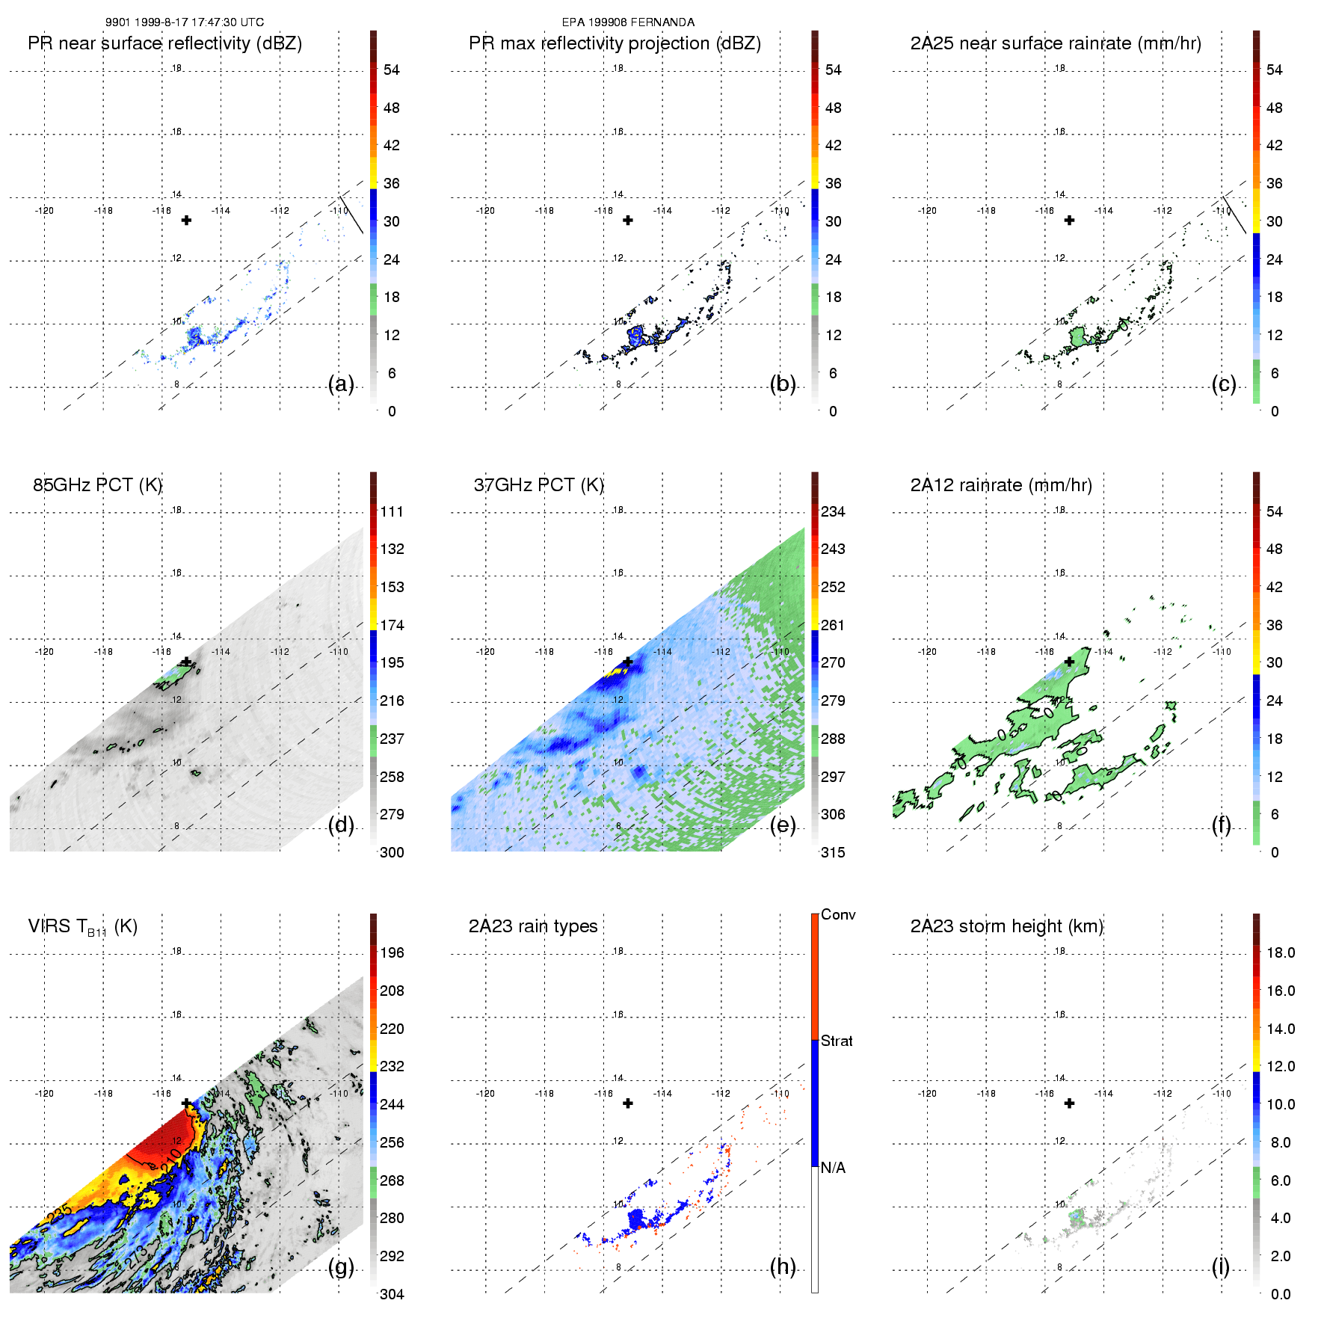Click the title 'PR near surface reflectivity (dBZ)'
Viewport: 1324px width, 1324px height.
pos(164,43)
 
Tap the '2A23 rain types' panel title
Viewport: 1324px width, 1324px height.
pos(532,926)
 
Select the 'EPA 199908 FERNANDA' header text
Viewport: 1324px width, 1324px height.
pos(628,22)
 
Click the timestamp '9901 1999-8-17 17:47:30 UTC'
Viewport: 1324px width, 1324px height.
pos(184,22)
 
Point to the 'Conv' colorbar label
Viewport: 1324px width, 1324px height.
pos(837,914)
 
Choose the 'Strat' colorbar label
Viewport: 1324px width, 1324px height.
pos(837,1041)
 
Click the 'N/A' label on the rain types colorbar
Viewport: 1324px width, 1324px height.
pos(834,1168)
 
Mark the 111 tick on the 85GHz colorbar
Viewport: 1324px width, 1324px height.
pos(392,511)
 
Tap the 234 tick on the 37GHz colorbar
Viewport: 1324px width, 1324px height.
pos(833,511)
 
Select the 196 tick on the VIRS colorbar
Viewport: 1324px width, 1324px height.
pos(392,952)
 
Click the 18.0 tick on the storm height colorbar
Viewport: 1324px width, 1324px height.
pos(1280,952)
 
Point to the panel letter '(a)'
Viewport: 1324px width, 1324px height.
pos(341,384)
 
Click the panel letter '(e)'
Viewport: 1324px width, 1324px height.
pos(783,825)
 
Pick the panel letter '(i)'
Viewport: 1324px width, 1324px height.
pos(1220,1266)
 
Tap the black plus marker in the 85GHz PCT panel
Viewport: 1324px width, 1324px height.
pos(186,662)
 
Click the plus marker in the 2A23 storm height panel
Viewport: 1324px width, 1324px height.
pos(1069,1103)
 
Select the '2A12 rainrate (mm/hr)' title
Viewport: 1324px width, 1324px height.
pos(1001,485)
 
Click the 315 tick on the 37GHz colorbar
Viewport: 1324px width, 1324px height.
pos(833,852)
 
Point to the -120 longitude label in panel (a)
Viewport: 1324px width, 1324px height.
pos(44,211)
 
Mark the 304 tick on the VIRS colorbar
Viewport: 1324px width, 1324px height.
pos(392,1294)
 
